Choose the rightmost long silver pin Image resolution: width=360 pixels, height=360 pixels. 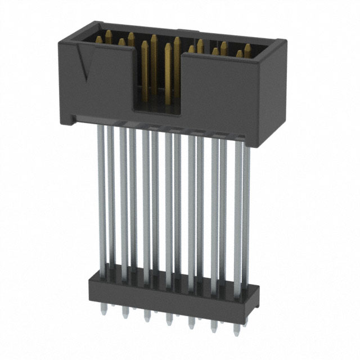coord(246,208)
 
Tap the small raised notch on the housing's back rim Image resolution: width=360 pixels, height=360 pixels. coord(191,31)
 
